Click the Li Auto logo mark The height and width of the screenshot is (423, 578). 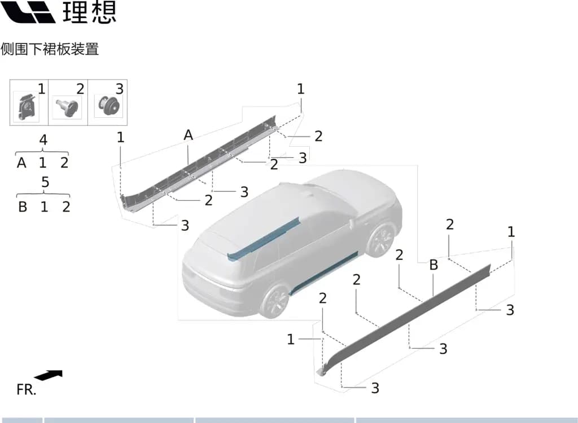(x=28, y=12)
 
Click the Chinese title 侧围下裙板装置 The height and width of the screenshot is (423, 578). (x=50, y=49)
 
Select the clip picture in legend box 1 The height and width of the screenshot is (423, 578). (x=27, y=107)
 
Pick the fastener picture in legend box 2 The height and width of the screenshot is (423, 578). (x=67, y=107)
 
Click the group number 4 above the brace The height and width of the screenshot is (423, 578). (x=43, y=140)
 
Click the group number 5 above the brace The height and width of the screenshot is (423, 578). (x=45, y=182)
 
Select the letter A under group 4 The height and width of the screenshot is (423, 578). (x=21, y=162)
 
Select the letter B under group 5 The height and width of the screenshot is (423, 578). (x=23, y=207)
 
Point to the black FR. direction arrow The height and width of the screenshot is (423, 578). (x=49, y=375)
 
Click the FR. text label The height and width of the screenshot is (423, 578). (x=27, y=390)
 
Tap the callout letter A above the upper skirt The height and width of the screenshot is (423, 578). (x=189, y=135)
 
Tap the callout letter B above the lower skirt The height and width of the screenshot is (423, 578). (x=433, y=265)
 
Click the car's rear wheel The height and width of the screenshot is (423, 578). (x=275, y=301)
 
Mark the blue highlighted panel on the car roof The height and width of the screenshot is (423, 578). (x=264, y=239)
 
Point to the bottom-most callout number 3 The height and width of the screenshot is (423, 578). (x=375, y=388)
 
